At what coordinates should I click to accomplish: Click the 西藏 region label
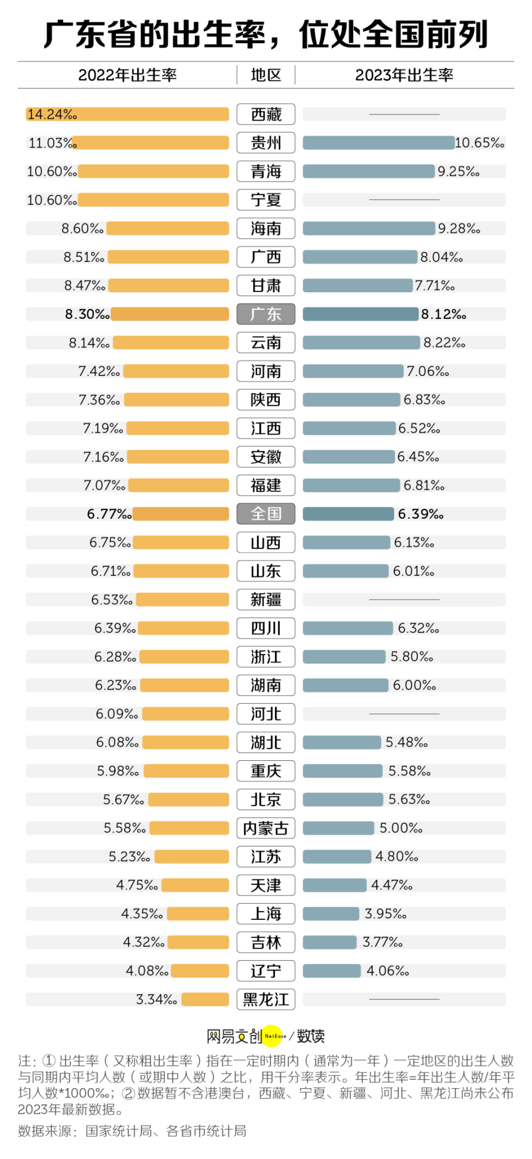[265, 114]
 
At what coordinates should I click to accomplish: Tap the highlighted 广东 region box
[265, 314]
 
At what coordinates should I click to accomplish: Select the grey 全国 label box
[265, 514]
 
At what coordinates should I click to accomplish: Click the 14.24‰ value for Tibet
[52, 115]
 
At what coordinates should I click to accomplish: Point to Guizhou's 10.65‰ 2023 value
[479, 143]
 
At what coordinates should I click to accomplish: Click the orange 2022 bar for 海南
[167, 228]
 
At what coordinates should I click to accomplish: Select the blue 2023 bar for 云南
[361, 343]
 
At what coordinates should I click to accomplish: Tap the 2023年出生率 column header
[404, 75]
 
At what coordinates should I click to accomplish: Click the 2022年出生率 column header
[127, 75]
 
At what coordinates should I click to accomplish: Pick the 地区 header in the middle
[266, 75]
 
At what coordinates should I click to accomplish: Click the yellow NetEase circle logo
[273, 1036]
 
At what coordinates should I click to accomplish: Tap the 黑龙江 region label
[265, 1000]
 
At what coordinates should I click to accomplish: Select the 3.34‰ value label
[156, 1000]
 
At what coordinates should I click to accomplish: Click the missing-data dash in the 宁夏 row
[404, 200]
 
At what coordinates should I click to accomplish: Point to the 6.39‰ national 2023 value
[421, 514]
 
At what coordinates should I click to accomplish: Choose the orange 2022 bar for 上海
[198, 914]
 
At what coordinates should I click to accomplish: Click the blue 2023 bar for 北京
[342, 800]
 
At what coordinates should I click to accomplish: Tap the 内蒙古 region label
[265, 828]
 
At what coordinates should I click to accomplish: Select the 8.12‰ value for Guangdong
[443, 314]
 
